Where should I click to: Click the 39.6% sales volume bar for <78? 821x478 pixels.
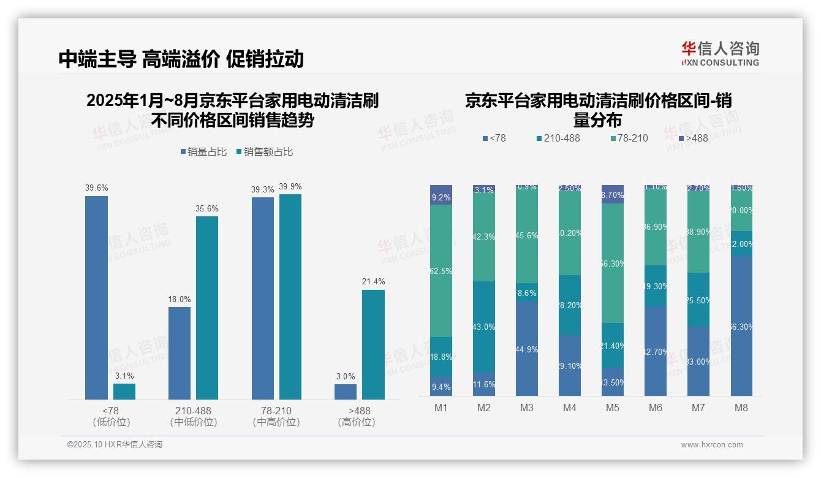pyautogui.click(x=96, y=298)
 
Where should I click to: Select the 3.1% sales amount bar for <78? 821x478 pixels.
pyautogui.click(x=124, y=392)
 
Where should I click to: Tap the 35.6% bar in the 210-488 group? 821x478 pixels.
pyautogui.click(x=207, y=308)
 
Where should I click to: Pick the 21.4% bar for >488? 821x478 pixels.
pyautogui.click(x=373, y=344)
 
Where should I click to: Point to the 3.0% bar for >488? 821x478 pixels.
pyautogui.click(x=346, y=392)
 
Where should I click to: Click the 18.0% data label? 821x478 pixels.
pyautogui.click(x=180, y=300)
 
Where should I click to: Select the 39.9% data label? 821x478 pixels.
pyautogui.click(x=290, y=187)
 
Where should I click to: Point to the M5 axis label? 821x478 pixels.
pyautogui.click(x=613, y=408)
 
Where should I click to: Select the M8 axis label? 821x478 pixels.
pyautogui.click(x=741, y=408)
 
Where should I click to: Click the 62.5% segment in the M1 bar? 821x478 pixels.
pyautogui.click(x=441, y=271)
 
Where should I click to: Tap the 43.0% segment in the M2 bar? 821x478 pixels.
pyautogui.click(x=484, y=327)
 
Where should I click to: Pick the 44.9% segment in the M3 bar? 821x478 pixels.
pyautogui.click(x=527, y=349)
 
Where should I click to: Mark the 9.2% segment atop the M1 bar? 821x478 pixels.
pyautogui.click(x=441, y=195)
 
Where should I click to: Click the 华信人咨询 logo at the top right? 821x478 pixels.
pyautogui.click(x=720, y=54)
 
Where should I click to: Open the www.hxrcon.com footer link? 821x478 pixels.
pyautogui.click(x=712, y=445)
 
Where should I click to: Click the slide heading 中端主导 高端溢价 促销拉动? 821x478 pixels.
pyautogui.click(x=181, y=59)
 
